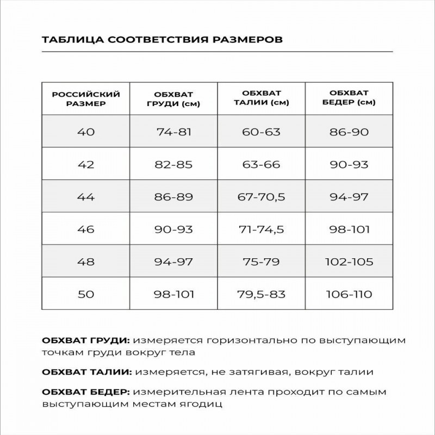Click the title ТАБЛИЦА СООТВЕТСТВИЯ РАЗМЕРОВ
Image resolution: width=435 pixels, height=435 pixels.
point(161,40)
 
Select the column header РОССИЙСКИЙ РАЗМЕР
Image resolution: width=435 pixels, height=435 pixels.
point(86,98)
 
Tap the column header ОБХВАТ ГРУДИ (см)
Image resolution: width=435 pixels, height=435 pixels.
point(173,98)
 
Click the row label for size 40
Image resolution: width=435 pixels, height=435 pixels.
point(86,132)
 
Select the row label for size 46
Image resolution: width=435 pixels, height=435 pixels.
point(86,229)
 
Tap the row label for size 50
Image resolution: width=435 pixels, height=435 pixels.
point(86,295)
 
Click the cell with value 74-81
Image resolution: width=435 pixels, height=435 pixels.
point(173,132)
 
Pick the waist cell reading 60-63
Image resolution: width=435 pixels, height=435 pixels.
point(261,132)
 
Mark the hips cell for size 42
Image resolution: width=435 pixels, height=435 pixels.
point(349,164)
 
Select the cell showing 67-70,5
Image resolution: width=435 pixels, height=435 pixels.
point(261,197)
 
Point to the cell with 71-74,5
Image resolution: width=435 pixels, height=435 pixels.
point(261,229)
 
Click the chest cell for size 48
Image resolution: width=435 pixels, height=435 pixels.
point(173,262)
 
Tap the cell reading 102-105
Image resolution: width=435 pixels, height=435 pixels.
point(349,262)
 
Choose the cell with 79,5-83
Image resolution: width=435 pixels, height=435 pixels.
point(261,295)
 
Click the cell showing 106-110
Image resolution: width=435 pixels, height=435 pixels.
point(349,295)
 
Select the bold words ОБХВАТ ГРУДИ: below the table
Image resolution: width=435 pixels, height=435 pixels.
point(85,341)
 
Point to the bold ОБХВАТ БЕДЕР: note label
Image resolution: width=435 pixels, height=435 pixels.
point(86,392)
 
